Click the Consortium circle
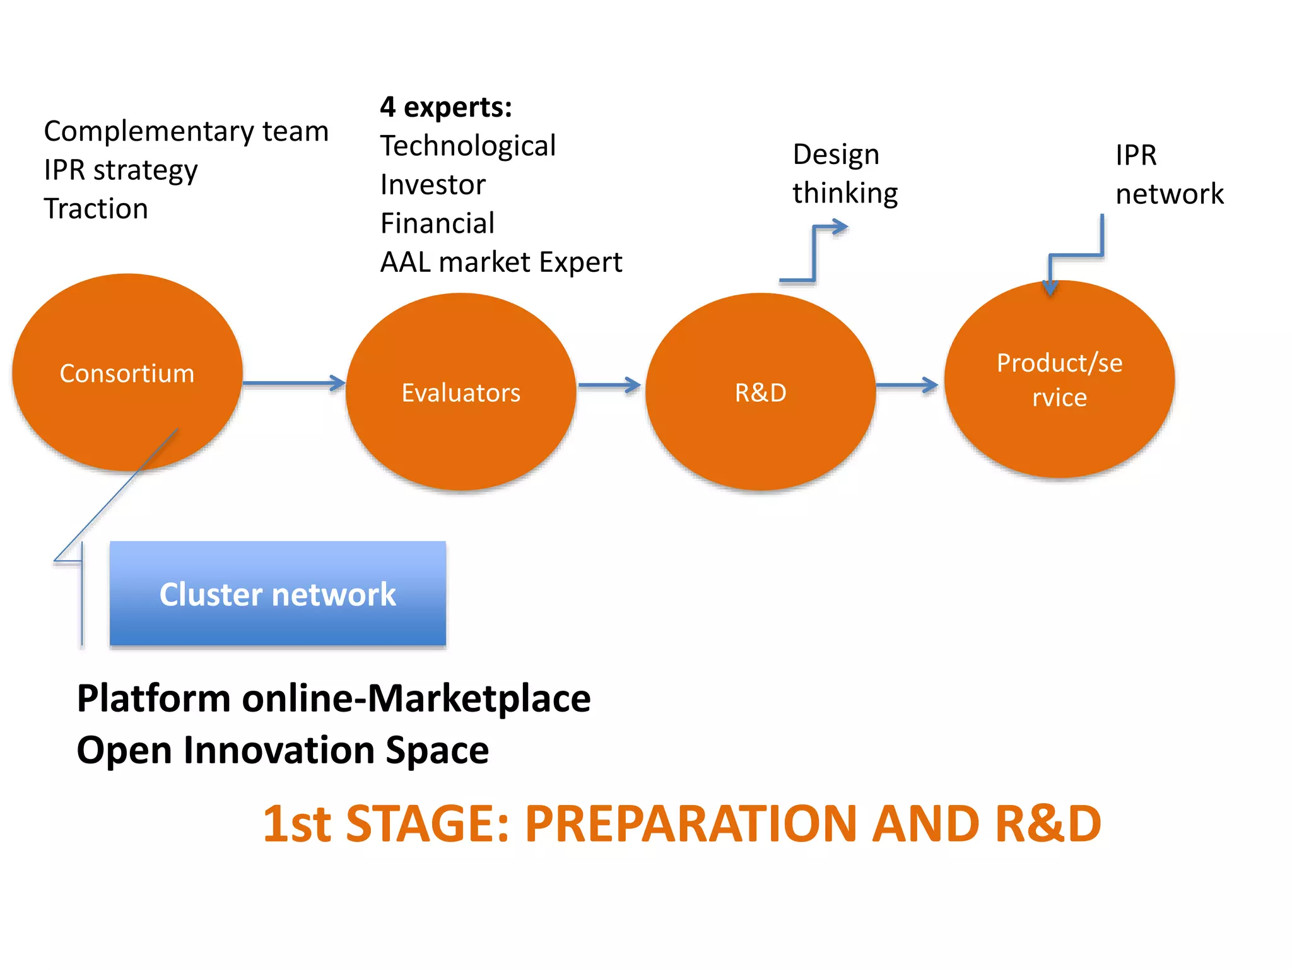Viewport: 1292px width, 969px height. coord(127,373)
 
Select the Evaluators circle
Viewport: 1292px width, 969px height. coord(461,392)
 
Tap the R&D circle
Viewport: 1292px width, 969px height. coord(760,392)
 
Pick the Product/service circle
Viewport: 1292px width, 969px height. coord(1059,379)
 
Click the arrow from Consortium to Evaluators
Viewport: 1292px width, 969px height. coord(293,383)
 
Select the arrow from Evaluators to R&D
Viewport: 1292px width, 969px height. coord(609,385)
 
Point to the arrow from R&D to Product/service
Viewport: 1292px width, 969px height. coord(907,385)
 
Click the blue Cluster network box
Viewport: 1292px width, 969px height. coord(278,594)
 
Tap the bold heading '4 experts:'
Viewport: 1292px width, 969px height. coord(445,107)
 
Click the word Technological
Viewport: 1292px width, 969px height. coord(467,146)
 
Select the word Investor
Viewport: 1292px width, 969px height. coord(433,185)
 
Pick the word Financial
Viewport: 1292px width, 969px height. coord(437,223)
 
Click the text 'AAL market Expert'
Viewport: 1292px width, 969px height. coord(501,262)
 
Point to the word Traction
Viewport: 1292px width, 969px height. coord(96,209)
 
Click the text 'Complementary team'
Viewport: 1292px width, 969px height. coord(186,131)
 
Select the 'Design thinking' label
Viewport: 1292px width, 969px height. coord(844,173)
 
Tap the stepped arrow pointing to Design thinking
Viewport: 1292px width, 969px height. coord(814,252)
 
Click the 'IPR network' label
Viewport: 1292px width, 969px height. coord(1168,175)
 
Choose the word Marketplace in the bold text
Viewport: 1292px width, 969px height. coord(479,698)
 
